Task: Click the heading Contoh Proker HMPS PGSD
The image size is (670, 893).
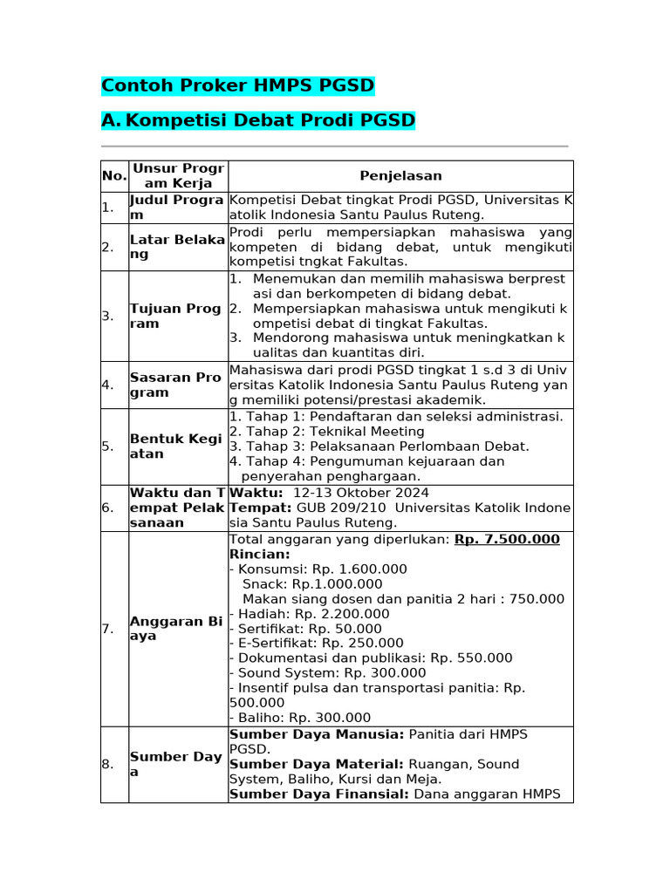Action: tap(237, 85)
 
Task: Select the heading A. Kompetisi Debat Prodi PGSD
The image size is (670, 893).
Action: tap(258, 119)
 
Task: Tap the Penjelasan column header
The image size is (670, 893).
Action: tap(400, 176)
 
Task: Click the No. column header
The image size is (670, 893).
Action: tap(113, 176)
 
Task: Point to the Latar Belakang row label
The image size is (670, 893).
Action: tap(177, 247)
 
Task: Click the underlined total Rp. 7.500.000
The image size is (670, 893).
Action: tap(507, 540)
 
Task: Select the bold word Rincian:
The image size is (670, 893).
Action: tap(259, 555)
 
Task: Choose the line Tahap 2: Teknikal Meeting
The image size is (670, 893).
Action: tap(326, 432)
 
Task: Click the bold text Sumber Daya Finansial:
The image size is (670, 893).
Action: tap(318, 794)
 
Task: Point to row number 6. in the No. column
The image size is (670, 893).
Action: tap(107, 508)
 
